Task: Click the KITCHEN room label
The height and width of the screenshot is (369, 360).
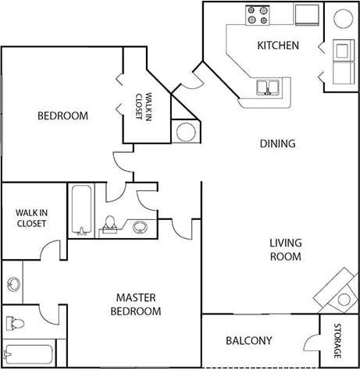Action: pyautogui.click(x=278, y=45)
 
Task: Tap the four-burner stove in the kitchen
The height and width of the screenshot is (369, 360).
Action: pyautogui.click(x=258, y=14)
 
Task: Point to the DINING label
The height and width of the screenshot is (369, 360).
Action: pyautogui.click(x=277, y=143)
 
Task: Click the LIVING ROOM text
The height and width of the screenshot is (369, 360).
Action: pyautogui.click(x=286, y=249)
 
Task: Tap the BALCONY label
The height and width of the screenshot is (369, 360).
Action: pyautogui.click(x=248, y=340)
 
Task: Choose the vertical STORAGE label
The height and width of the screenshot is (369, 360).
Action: pyautogui.click(x=338, y=340)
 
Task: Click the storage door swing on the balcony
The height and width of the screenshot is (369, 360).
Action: pyautogui.click(x=311, y=343)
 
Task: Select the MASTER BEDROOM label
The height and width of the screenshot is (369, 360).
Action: pyautogui.click(x=138, y=303)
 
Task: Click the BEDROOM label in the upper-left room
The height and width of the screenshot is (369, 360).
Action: pyautogui.click(x=62, y=115)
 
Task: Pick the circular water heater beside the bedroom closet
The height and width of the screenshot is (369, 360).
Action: pyautogui.click(x=185, y=131)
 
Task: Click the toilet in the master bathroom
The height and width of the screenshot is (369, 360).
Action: pyautogui.click(x=15, y=322)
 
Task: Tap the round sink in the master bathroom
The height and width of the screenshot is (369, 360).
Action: pyautogui.click(x=12, y=283)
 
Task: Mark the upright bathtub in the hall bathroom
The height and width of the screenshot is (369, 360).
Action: pyautogui.click(x=81, y=209)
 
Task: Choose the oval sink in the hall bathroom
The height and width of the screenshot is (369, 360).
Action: pyautogui.click(x=139, y=227)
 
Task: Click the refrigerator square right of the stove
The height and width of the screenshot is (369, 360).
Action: pyautogui.click(x=306, y=14)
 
